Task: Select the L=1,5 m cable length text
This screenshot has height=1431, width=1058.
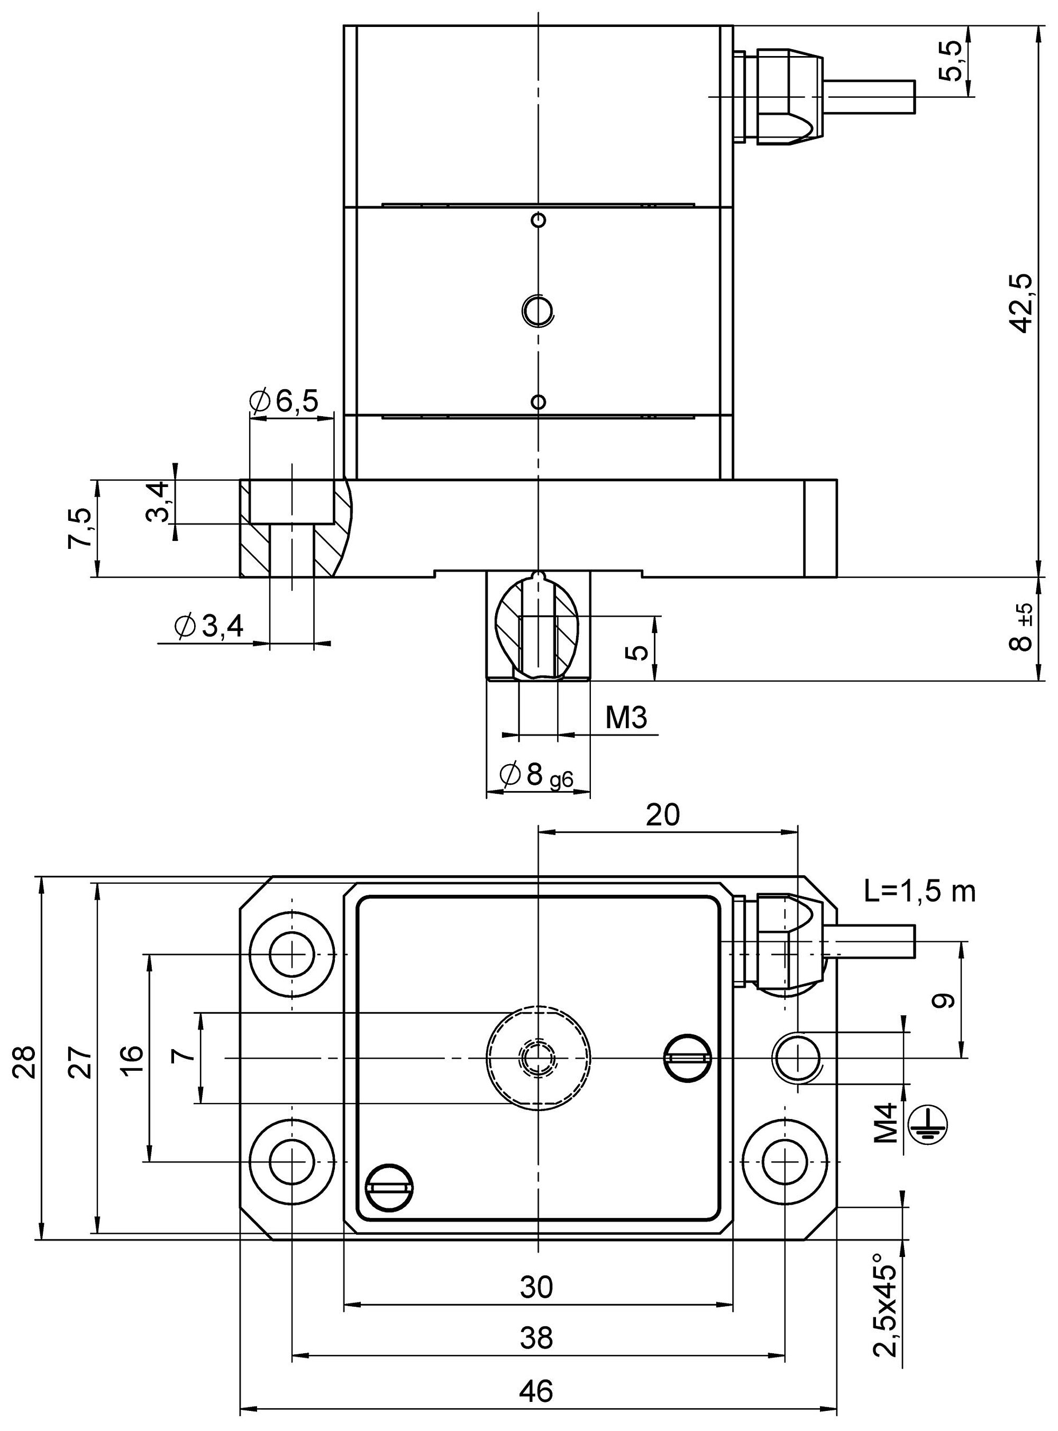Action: (919, 891)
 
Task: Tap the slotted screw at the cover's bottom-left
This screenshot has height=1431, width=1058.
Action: (389, 1186)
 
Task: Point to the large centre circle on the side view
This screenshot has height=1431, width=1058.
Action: (537, 310)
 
